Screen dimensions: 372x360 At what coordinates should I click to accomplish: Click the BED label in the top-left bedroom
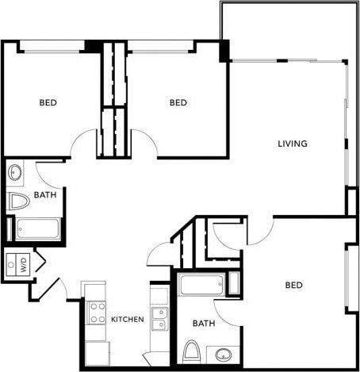(x=48, y=102)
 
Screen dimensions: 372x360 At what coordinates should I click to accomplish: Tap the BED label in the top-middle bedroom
(x=178, y=102)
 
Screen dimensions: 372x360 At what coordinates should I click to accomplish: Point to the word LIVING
(x=292, y=144)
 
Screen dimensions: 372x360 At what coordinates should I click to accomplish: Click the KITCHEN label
(x=127, y=320)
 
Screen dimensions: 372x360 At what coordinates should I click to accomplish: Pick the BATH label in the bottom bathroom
(x=204, y=324)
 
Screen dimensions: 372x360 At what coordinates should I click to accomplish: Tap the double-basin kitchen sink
(x=159, y=318)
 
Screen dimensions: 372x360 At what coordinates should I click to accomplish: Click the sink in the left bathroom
(x=15, y=172)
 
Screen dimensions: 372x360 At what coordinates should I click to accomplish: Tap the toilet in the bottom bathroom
(x=191, y=351)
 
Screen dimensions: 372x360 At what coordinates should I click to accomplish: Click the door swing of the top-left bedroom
(x=83, y=144)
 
